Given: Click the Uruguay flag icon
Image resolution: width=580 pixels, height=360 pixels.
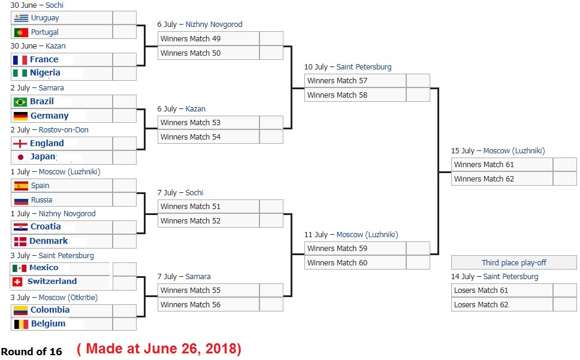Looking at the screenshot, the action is tap(21, 18).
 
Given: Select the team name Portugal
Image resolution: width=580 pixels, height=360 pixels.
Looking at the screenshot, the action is tap(45, 32).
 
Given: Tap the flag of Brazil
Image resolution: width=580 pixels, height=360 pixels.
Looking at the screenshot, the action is tap(20, 102).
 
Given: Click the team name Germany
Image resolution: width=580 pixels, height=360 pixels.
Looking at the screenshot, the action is tap(50, 116).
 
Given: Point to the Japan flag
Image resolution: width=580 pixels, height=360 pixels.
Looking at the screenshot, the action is tap(20, 157).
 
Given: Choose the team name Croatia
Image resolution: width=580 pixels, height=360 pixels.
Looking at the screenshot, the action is tap(46, 226).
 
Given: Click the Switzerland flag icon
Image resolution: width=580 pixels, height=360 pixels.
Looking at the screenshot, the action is tap(17, 282).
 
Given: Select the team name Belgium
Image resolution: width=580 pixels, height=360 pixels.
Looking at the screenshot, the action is tap(48, 323).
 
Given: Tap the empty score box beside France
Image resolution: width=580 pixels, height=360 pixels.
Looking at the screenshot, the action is tap(124, 59).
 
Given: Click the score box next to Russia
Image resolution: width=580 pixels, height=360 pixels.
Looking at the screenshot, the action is tap(124, 199).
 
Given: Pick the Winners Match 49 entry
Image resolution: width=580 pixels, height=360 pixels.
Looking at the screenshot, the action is tap(209, 38).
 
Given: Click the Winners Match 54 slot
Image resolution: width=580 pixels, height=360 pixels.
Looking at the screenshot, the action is tap(209, 137).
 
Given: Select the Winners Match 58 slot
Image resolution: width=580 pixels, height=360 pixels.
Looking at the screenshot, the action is tap(355, 95).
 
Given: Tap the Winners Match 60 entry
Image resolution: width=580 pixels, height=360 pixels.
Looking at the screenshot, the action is tap(355, 263).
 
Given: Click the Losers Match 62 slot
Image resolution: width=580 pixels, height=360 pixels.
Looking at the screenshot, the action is tap(502, 304).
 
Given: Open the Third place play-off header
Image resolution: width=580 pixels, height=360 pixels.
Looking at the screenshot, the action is tap(513, 262).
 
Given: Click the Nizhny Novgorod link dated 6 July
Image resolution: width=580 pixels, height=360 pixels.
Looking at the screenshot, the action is tap(214, 25).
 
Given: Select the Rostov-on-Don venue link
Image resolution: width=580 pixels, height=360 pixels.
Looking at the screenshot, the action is tap(64, 130).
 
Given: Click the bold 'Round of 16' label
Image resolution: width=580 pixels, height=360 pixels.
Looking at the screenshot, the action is tap(31, 352).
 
